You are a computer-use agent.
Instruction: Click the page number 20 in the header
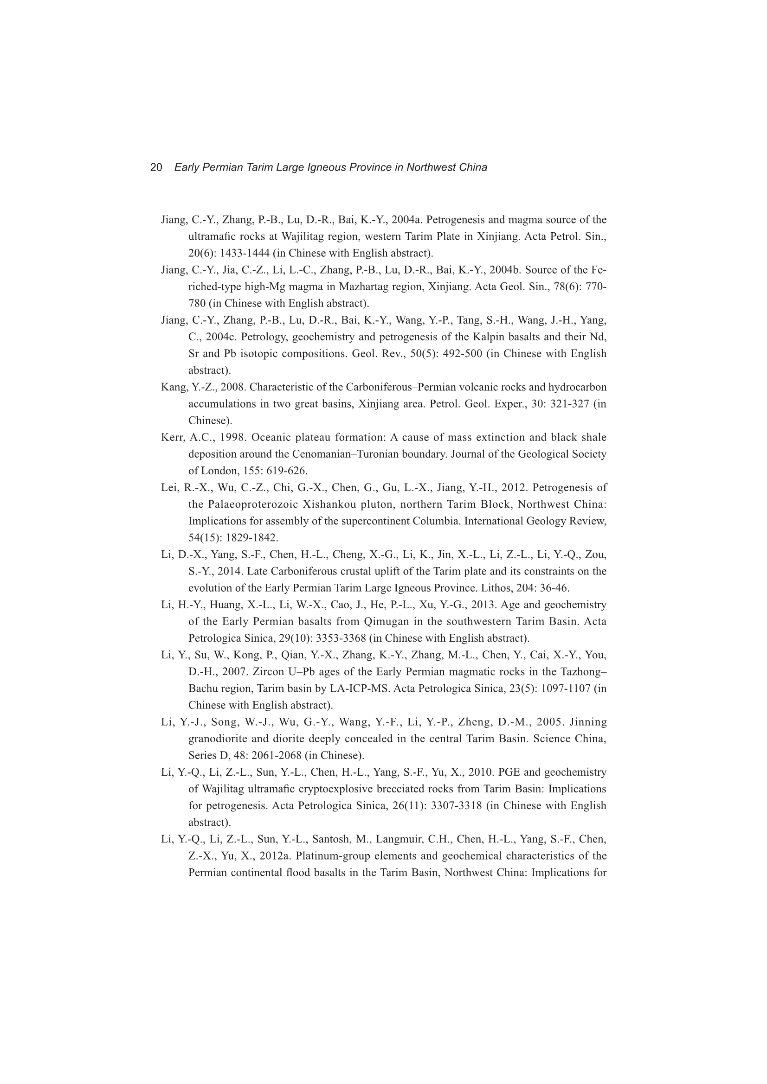coord(156,167)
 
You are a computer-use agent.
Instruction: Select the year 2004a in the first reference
coord(406,220)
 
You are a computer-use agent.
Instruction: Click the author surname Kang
coord(174,388)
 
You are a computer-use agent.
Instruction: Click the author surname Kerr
coord(173,438)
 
